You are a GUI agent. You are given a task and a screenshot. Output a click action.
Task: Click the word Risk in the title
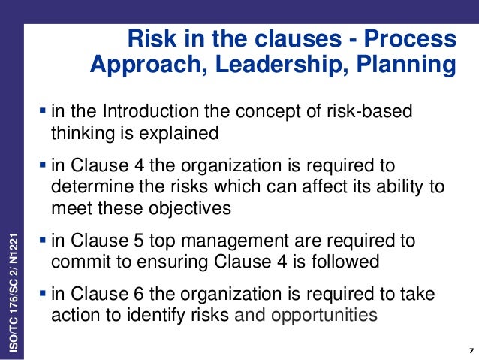(x=146, y=38)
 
